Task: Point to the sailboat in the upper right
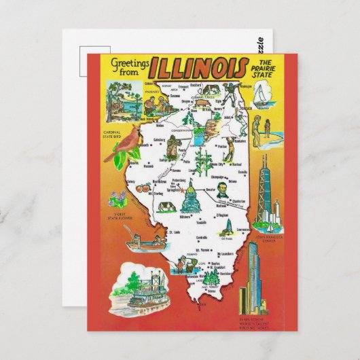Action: pos(265,95)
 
